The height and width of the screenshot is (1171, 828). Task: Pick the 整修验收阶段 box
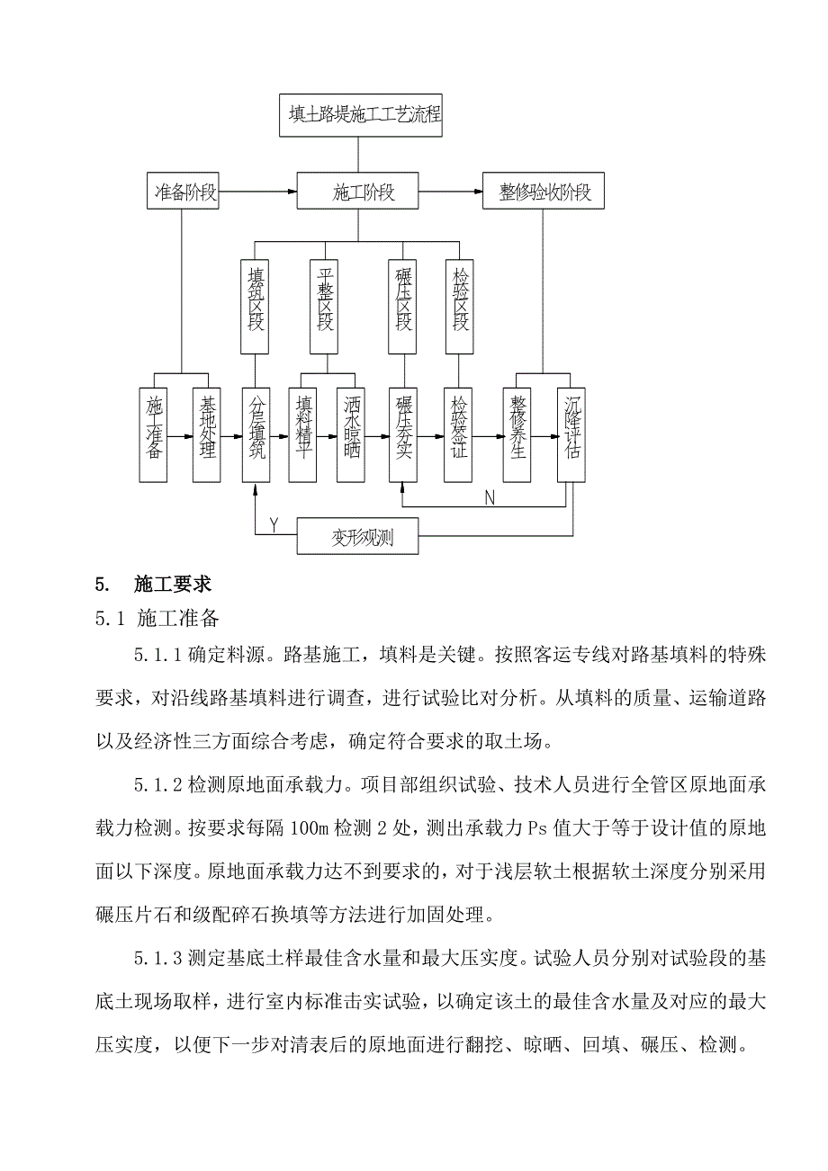coord(543,192)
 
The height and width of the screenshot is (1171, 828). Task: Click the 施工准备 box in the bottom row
coord(154,436)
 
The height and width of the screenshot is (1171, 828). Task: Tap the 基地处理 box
coord(207,436)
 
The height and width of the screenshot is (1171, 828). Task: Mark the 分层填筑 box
coord(256,436)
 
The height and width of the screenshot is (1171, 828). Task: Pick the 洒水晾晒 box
coord(350,436)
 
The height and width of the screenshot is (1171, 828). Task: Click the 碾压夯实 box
coord(403,436)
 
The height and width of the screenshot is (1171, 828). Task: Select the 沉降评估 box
coord(571,436)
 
